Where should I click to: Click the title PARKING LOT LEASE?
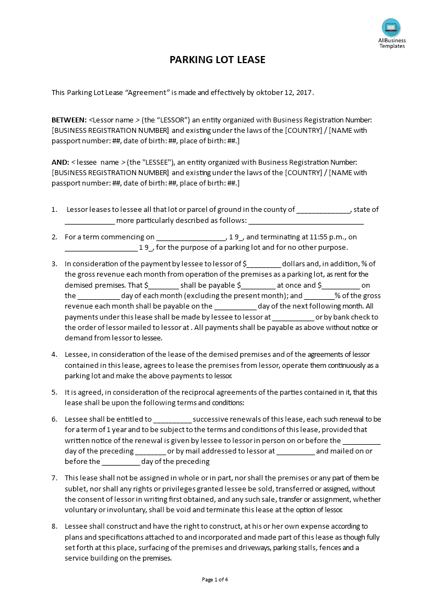(x=217, y=59)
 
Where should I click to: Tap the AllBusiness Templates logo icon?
(x=391, y=27)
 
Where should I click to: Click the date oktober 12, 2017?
(x=284, y=93)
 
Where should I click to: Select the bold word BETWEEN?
(x=69, y=120)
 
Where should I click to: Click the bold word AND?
(x=60, y=162)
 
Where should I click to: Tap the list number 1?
(x=54, y=210)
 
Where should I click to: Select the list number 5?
(x=54, y=393)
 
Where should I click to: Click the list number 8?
(x=54, y=526)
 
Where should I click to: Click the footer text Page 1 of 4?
(x=215, y=579)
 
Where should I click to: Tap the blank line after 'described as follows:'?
(x=306, y=222)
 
